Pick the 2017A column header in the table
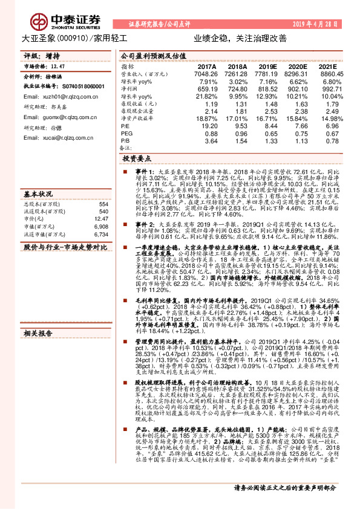point(207,66)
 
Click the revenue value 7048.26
point(207,74)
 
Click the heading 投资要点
point(138,158)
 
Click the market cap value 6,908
point(100,225)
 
